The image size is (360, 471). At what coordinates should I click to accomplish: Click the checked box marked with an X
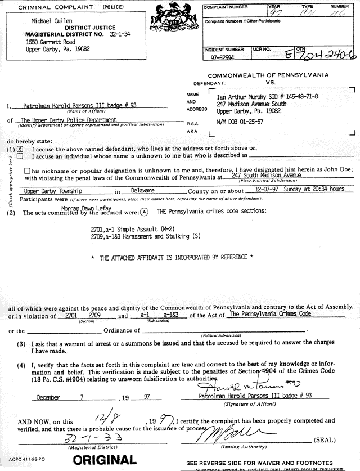click(x=20, y=149)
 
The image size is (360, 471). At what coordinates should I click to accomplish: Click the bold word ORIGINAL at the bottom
click(x=105, y=460)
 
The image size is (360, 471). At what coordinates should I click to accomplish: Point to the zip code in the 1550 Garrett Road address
click(x=81, y=49)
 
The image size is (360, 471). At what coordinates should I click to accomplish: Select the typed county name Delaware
click(x=142, y=191)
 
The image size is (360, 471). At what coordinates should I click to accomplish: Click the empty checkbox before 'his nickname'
click(x=28, y=171)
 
